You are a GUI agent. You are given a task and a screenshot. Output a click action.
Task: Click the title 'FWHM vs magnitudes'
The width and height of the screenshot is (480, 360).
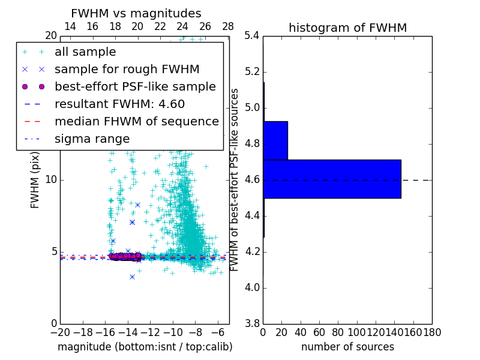136,13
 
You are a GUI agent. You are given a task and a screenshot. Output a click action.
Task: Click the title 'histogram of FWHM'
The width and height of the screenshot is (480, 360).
347,28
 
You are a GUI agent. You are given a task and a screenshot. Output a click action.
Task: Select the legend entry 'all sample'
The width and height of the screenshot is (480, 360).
85,52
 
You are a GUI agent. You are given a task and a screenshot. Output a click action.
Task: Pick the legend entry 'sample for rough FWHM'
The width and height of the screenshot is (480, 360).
127,70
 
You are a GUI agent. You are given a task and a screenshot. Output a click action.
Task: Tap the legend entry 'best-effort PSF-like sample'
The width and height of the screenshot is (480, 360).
135,87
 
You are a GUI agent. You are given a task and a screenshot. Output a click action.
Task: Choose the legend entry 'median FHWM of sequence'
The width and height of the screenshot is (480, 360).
136,122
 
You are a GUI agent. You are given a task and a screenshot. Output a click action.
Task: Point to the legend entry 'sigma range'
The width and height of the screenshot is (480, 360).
92,139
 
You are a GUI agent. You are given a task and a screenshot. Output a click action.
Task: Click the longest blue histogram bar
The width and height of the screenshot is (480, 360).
332,179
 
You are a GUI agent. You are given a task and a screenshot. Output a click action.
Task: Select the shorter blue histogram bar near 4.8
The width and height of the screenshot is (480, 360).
275,140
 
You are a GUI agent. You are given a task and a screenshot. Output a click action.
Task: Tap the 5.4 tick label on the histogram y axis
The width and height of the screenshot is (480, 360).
252,36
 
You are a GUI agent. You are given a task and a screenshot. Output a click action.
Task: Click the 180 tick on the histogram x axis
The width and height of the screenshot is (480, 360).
432,332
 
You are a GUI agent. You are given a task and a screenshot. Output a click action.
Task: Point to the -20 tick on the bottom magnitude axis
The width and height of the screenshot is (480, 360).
60,332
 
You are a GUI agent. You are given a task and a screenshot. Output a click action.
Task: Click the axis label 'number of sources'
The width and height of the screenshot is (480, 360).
347,347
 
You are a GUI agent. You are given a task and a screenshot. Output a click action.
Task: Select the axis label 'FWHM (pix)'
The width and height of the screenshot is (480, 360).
35,180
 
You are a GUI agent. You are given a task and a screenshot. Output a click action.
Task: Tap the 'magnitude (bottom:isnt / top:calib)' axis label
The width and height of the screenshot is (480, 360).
145,347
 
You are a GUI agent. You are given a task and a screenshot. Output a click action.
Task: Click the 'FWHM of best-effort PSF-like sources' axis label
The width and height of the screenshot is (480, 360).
235,180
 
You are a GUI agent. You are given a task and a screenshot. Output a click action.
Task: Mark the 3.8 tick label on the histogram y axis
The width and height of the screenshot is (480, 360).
252,324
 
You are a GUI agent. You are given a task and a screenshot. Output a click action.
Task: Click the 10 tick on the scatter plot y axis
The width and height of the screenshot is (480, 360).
51,180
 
